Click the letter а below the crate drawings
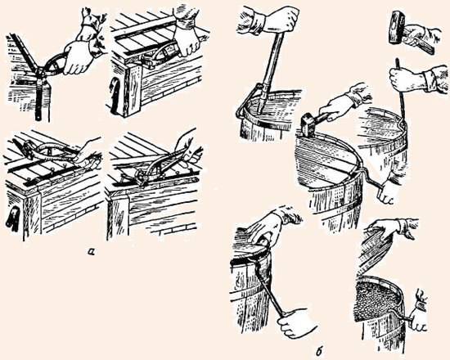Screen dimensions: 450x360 92,251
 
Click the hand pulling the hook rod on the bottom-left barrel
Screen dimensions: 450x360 297,322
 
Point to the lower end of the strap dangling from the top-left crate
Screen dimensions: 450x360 38,116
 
